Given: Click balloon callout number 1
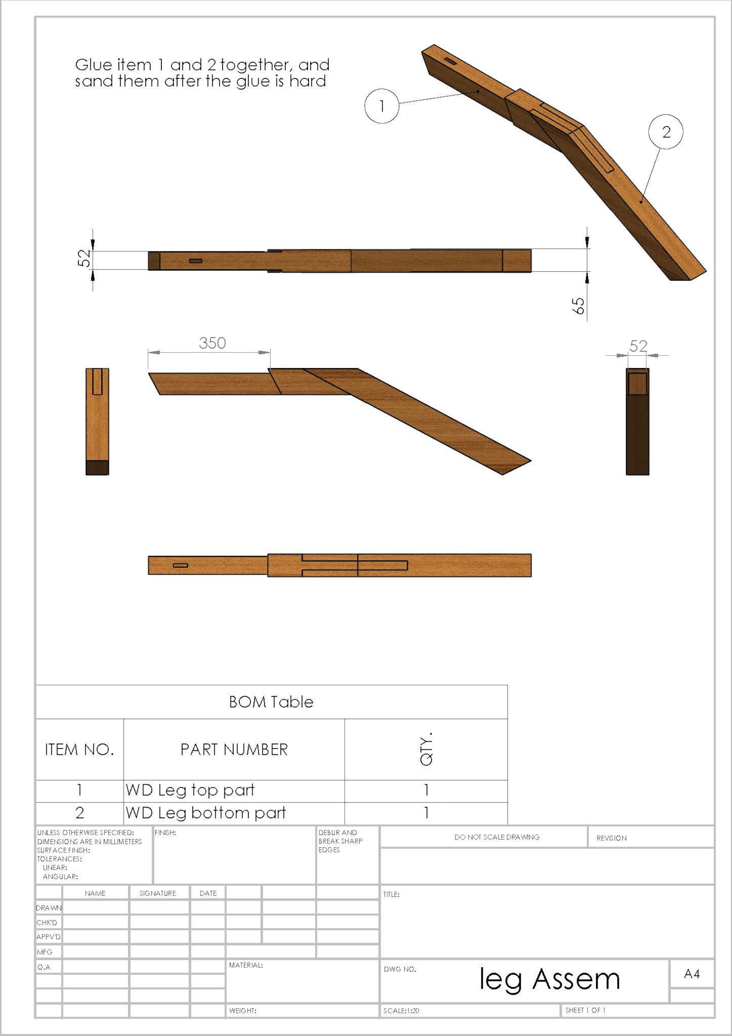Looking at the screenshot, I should [x=382, y=106].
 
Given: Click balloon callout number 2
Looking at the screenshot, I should [x=666, y=132].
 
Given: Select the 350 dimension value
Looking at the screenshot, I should [x=212, y=343].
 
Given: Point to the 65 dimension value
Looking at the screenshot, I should [x=578, y=305].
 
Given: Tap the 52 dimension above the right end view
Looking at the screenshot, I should [x=638, y=346].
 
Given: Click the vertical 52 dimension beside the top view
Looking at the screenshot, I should [x=84, y=258].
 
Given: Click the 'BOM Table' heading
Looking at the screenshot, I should [x=271, y=702].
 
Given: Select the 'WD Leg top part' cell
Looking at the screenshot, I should [x=190, y=790].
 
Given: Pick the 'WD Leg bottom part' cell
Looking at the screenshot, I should [x=206, y=813].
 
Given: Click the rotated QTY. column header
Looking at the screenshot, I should [x=426, y=749].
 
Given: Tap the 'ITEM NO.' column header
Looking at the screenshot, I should [x=79, y=750].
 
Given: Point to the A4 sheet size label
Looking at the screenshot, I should [x=691, y=974].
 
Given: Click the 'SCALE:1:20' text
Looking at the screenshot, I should [x=401, y=1011].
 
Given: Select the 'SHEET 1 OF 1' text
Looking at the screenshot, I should [x=585, y=1010].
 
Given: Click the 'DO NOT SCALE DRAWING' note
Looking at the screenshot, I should [x=496, y=837].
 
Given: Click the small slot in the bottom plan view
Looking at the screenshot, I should [x=180, y=566].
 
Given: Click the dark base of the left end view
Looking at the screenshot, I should [x=97, y=468].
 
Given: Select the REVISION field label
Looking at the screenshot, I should [x=611, y=838].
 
